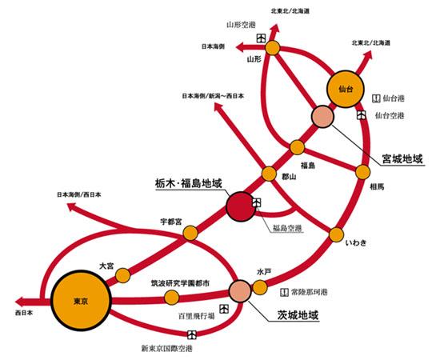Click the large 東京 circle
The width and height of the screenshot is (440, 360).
pos(81,301)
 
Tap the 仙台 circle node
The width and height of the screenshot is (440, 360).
pos(346,89)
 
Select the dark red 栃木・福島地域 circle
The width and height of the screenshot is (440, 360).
pos(241,206)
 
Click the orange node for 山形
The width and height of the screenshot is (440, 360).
pos(273,48)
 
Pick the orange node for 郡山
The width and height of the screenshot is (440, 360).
pos(269,174)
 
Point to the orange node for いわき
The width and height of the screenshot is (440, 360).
pos(336,235)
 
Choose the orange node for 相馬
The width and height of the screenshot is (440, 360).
pos(363,172)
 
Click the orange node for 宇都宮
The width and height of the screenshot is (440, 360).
pos(190,233)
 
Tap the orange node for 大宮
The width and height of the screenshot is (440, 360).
pos(123,275)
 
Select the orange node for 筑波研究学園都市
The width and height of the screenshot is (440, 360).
pos(171,298)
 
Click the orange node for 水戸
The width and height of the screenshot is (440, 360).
pos(260,287)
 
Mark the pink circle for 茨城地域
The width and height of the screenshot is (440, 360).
pos(241,291)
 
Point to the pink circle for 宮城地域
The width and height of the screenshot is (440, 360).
pos(322,117)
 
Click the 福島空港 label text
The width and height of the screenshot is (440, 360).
pos(287,228)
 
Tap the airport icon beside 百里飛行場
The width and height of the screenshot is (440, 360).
pos(224,309)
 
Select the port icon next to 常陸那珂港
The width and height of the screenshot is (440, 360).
pos(285,292)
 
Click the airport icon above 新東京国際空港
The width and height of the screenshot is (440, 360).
pos(192,334)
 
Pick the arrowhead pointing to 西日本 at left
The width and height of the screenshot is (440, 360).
pos(20,302)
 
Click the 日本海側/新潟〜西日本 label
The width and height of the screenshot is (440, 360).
pos(213,96)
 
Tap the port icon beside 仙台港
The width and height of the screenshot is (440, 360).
pos(376,98)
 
